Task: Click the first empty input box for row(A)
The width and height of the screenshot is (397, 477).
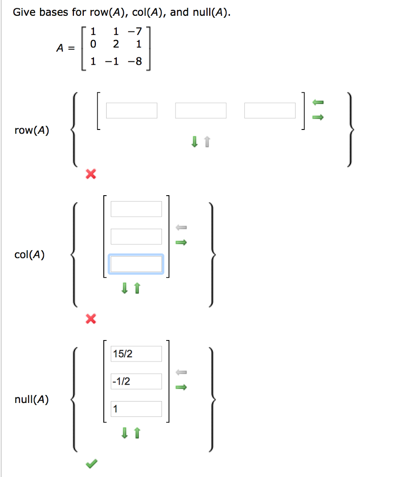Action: (x=132, y=110)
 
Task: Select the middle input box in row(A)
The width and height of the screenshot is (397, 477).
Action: (x=201, y=110)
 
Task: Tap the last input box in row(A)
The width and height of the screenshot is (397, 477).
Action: (x=270, y=110)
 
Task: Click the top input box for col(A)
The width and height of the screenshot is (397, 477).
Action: (x=136, y=209)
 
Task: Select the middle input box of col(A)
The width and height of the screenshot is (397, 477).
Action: (x=136, y=236)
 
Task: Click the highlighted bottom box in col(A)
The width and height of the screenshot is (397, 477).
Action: (x=136, y=264)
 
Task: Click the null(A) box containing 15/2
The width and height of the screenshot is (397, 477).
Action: (x=136, y=354)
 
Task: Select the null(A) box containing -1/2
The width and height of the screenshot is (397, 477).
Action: (x=136, y=382)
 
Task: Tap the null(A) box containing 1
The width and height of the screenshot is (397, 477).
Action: (x=136, y=409)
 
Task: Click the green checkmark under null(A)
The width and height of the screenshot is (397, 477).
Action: (x=92, y=463)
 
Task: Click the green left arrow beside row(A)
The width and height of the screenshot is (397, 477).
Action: (x=317, y=102)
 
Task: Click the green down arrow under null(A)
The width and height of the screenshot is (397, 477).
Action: (x=124, y=433)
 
